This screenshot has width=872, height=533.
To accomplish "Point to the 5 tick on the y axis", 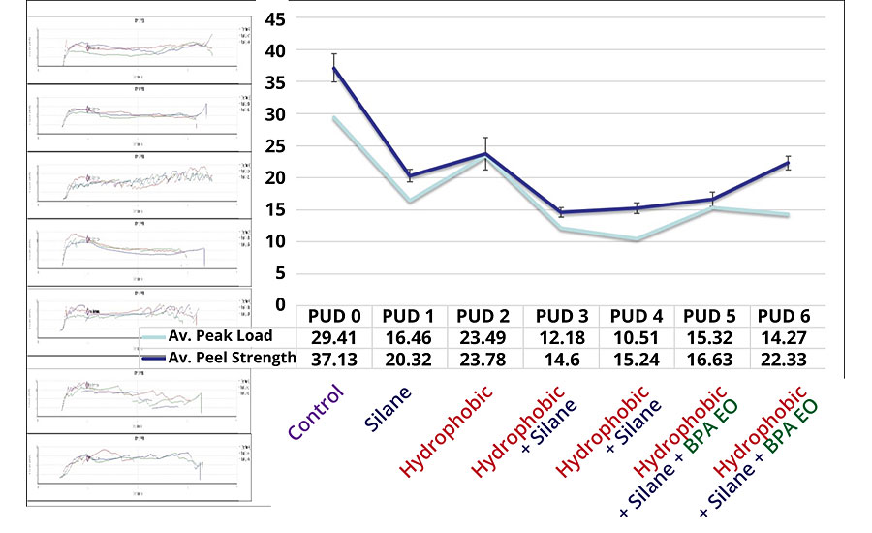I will click(279, 273).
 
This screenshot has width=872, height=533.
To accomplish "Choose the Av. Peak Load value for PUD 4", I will click(635, 337).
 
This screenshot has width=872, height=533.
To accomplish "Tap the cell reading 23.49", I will click(483, 337).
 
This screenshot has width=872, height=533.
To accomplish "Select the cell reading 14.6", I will click(559, 358).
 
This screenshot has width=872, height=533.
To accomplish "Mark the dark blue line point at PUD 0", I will click(333, 69).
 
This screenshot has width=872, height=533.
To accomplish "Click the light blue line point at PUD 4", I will click(635, 238).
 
